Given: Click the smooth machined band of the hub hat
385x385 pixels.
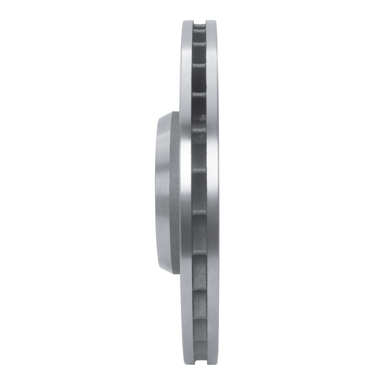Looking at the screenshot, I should point(162,192).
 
